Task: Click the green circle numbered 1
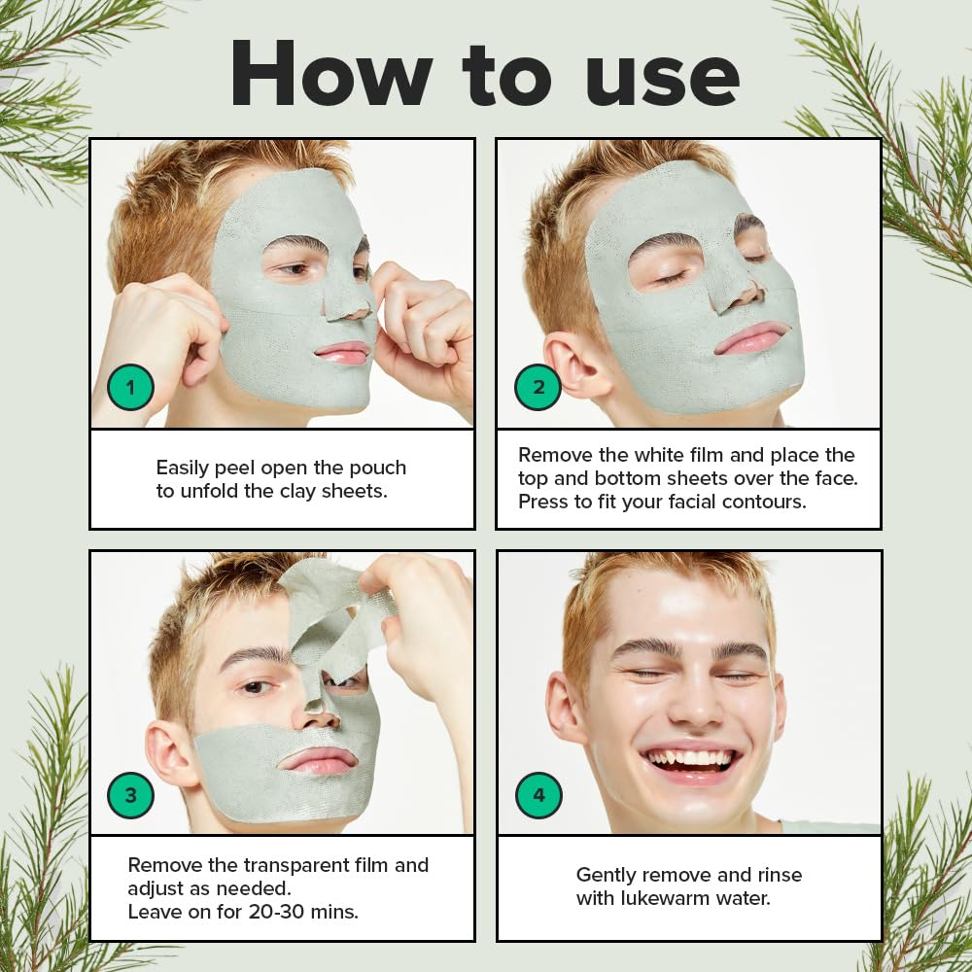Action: coord(130,388)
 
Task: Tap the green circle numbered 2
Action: coord(538,388)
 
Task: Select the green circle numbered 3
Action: coord(130,795)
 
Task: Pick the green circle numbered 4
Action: coord(538,795)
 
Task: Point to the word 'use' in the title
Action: coord(662,81)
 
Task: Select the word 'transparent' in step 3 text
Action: coord(295,865)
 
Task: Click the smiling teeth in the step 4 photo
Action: coord(689,759)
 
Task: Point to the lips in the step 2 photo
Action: coord(752,338)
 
